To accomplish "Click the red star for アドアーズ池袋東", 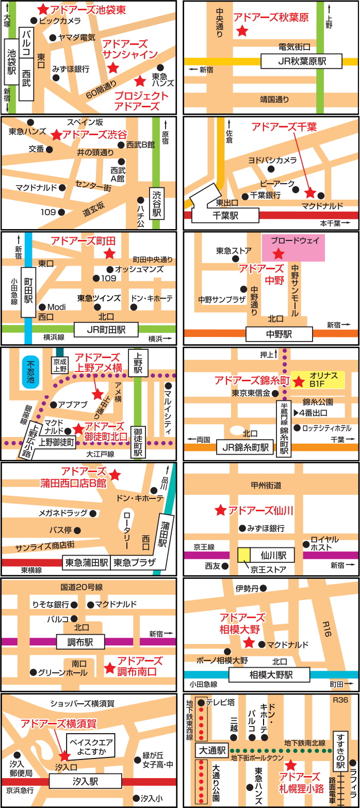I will (43, 9).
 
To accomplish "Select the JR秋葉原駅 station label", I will (301, 61).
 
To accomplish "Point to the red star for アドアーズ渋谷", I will (56, 135).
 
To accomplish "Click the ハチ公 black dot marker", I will (140, 200).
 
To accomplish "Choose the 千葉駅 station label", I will (227, 216).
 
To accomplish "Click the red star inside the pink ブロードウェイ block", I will (279, 253).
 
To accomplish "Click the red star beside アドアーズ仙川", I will (220, 510).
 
